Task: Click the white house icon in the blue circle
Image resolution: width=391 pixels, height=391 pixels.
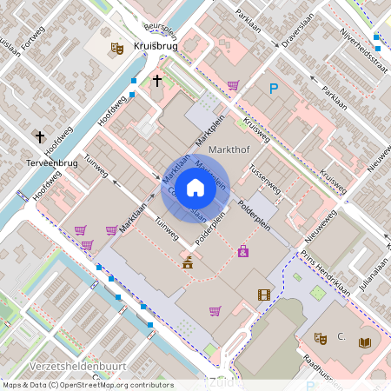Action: (x=195, y=187)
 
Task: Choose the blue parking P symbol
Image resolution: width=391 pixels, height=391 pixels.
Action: (x=274, y=88)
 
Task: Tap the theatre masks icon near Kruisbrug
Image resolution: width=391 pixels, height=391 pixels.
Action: (x=116, y=50)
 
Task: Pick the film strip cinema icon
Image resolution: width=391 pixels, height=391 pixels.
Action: (x=264, y=295)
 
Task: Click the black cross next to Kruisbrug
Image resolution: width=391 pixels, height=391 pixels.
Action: (x=157, y=82)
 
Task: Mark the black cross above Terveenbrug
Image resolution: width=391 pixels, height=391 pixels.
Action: (x=39, y=136)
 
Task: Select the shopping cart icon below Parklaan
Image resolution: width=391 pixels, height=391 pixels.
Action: (x=233, y=85)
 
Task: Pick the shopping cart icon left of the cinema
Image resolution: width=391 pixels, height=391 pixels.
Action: (x=215, y=310)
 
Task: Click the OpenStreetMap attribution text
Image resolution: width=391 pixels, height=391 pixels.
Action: (x=88, y=385)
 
